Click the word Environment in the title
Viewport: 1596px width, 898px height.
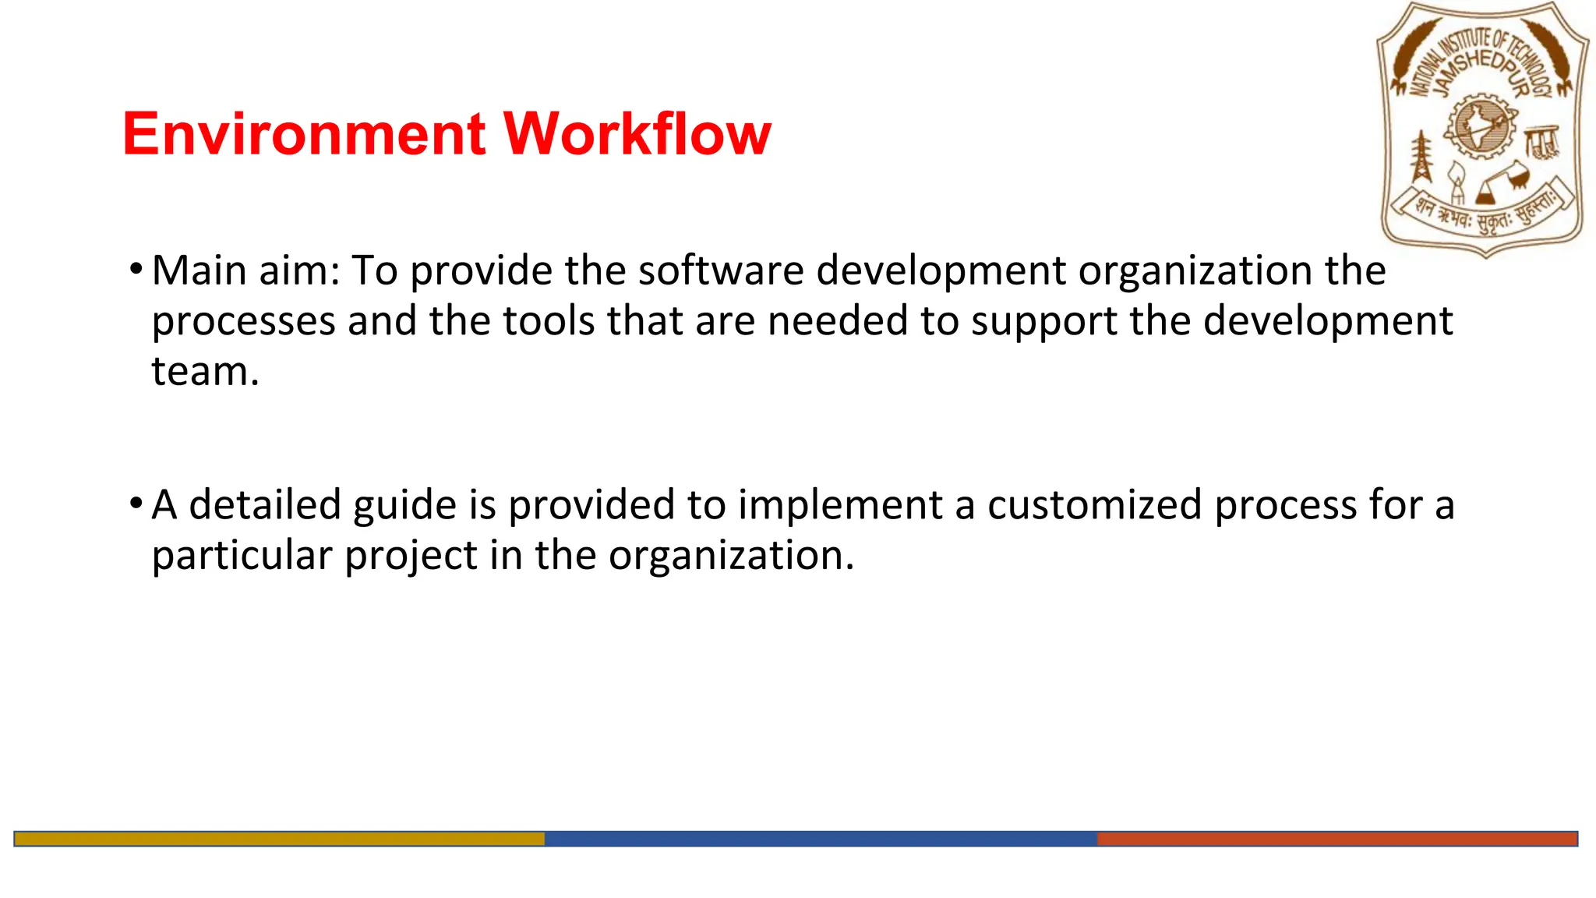tap(305, 134)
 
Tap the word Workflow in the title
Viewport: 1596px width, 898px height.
tap(637, 134)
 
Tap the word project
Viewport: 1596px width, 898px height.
tap(411, 556)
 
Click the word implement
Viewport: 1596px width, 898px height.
tap(840, 505)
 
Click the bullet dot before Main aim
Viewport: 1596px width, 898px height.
tap(136, 270)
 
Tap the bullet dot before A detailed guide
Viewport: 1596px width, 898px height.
tap(136, 504)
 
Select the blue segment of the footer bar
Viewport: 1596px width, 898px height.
tap(821, 839)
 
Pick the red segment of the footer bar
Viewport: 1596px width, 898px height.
tap(1337, 839)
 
